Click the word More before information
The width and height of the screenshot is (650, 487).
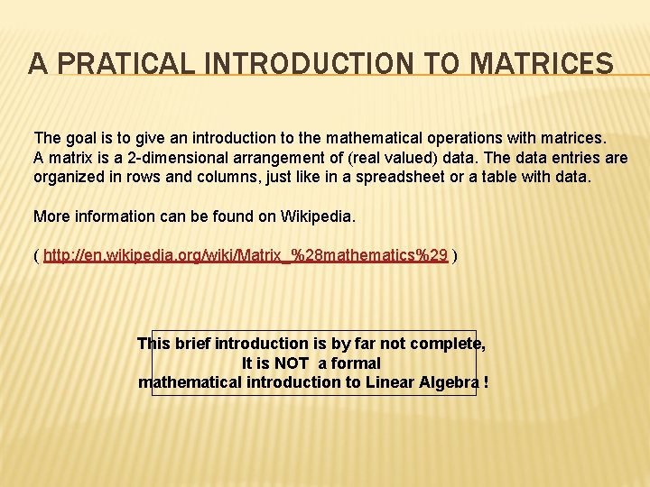(x=51, y=216)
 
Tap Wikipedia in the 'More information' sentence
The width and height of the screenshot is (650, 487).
(x=317, y=216)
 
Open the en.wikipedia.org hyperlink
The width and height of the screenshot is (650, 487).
(x=245, y=256)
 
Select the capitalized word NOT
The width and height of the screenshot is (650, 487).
(x=291, y=363)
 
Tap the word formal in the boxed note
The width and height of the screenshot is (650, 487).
(x=357, y=363)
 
